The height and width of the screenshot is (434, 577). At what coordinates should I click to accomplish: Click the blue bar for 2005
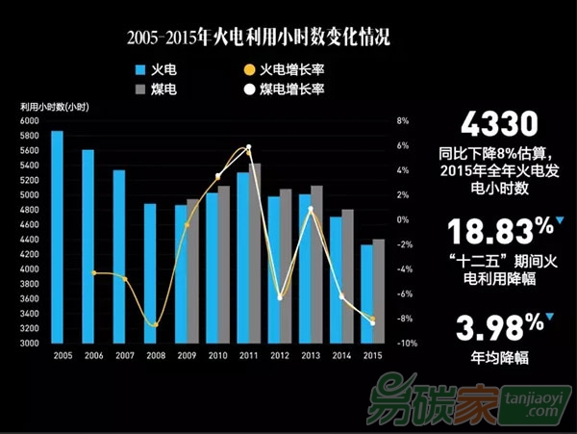pos(57,237)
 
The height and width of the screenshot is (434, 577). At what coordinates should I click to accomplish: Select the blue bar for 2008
pos(150,273)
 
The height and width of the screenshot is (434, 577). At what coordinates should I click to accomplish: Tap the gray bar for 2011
pos(255,253)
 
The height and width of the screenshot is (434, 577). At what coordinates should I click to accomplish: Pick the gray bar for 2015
pos(379,291)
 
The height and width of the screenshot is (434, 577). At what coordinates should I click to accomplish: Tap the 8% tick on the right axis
pos(404,121)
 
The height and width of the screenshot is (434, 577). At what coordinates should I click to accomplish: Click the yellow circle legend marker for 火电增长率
pos(249,69)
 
